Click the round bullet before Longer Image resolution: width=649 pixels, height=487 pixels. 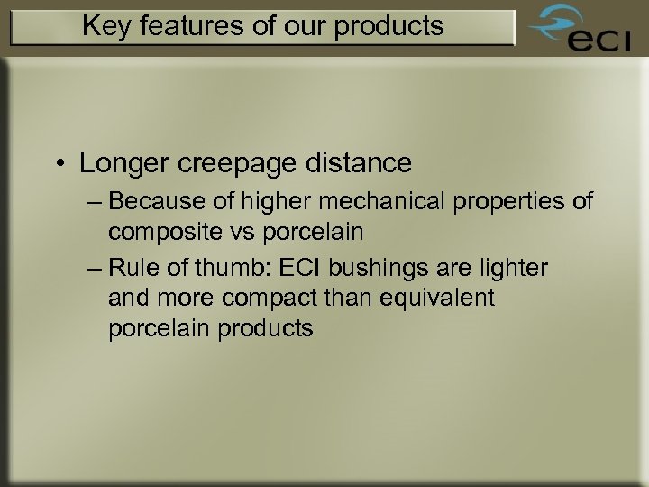coord(59,164)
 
